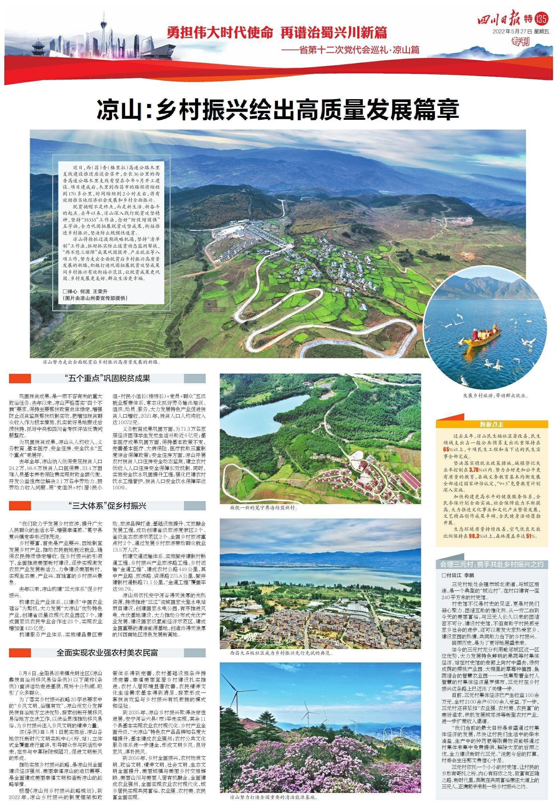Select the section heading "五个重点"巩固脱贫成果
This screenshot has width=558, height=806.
[x=107, y=379]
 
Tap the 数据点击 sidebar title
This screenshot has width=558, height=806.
[x=491, y=425]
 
